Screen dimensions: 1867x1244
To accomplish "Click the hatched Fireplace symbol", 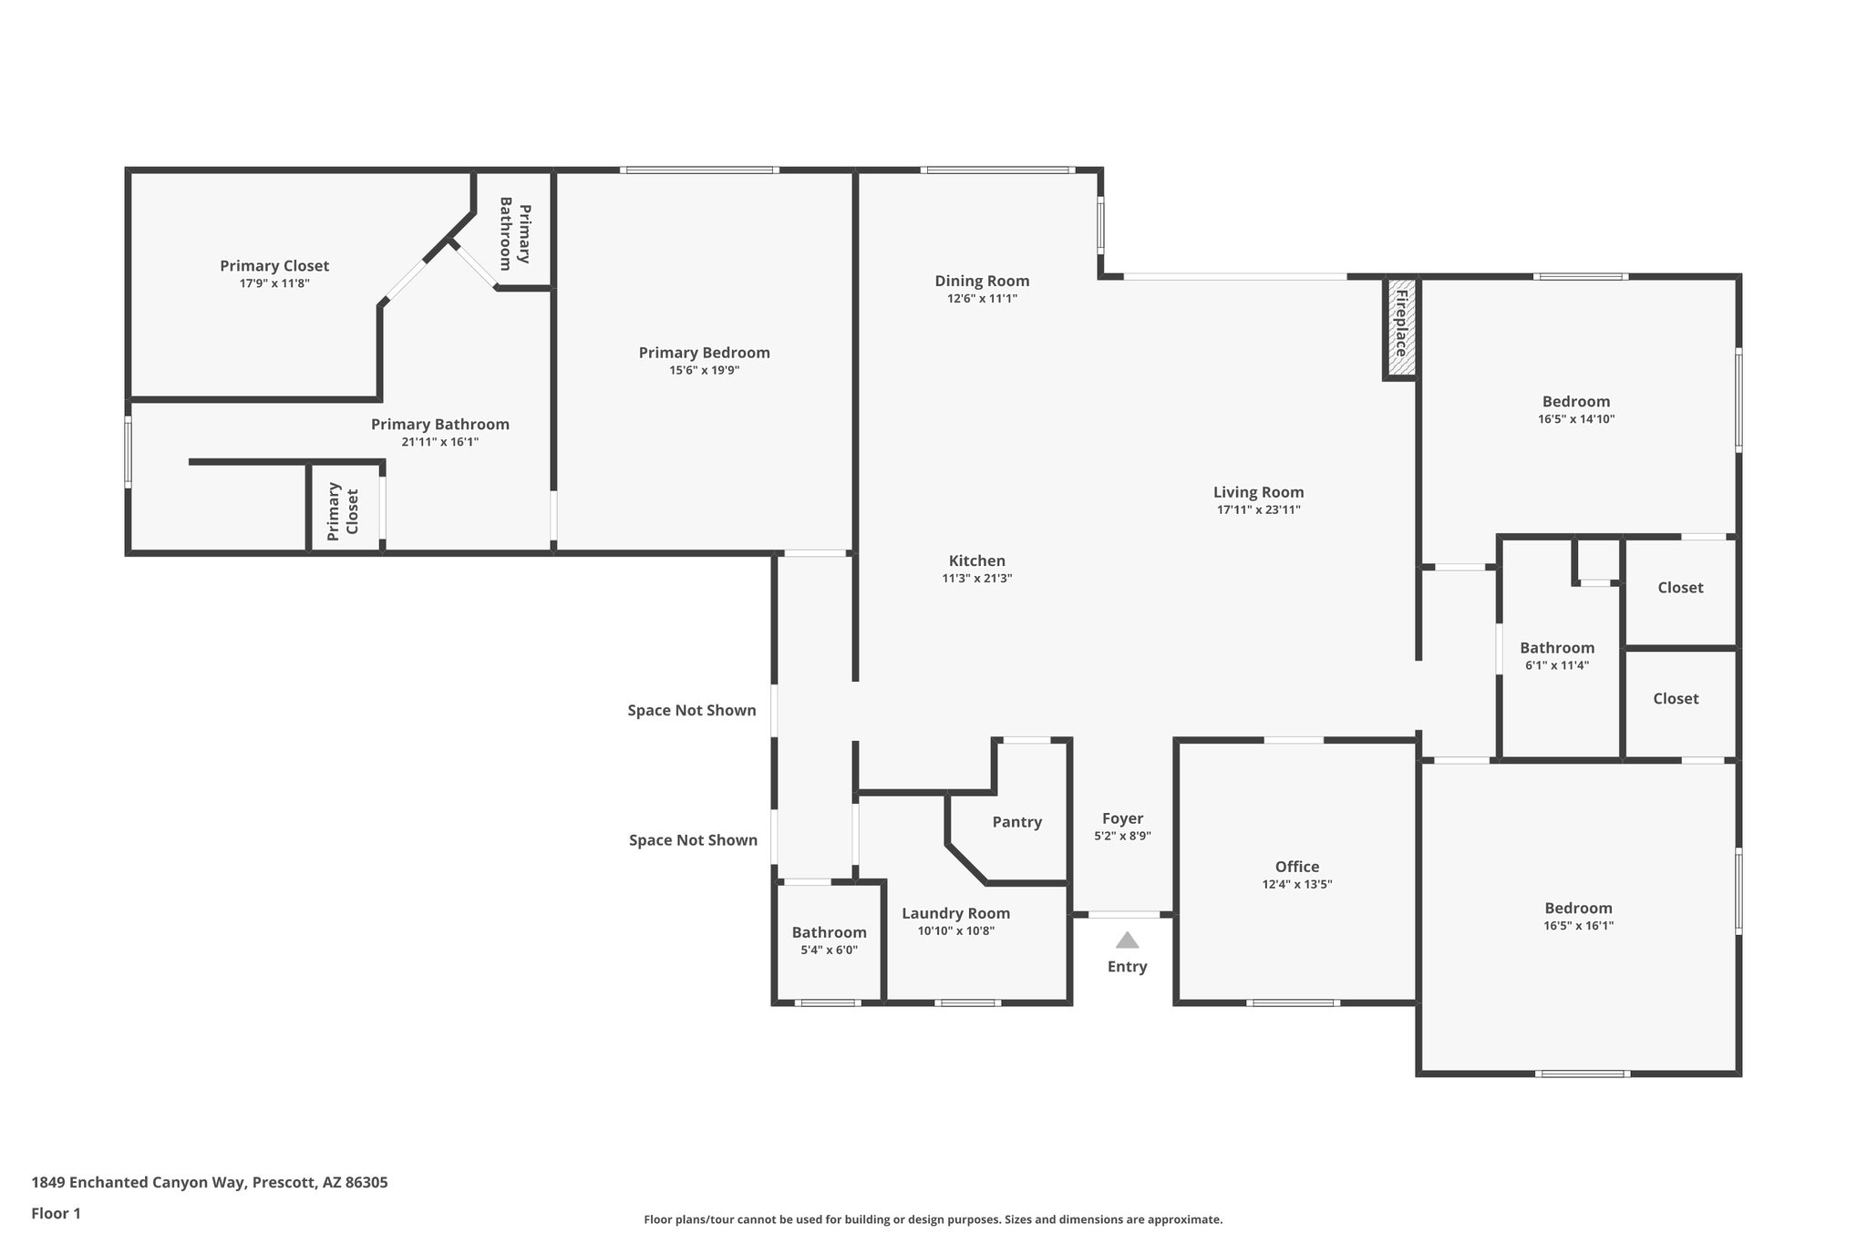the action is point(1401,327).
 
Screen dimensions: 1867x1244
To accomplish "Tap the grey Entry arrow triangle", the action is point(1128,940).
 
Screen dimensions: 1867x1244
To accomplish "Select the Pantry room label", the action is point(1017,822).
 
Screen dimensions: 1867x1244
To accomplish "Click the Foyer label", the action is point(1122,818).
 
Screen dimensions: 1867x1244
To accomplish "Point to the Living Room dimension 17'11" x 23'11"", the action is point(1258,509).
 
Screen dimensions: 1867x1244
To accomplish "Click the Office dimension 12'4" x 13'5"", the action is point(1297,884).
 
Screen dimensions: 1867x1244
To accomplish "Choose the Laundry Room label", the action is point(956,913).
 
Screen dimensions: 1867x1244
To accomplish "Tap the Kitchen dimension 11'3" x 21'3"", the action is point(977,578).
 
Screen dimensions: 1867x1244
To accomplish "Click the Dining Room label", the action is point(982,281).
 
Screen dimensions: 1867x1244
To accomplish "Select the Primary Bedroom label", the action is point(705,353).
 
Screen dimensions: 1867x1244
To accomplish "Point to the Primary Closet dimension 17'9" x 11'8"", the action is point(274,283).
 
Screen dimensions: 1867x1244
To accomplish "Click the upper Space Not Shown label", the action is point(692,710).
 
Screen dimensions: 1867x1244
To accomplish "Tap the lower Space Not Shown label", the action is point(693,839).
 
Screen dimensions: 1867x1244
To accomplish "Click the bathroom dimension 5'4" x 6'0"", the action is point(829,950).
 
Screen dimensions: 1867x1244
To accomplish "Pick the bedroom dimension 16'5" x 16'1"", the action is point(1579,925).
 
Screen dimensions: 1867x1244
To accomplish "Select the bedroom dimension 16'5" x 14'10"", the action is point(1576,419).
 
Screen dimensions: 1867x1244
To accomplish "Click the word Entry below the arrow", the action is point(1128,967).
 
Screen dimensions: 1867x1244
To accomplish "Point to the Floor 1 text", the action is point(57,1213).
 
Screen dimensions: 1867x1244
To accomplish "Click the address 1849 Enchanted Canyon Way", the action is point(139,1183).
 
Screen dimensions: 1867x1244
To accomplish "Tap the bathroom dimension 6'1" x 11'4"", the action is point(1557,665).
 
